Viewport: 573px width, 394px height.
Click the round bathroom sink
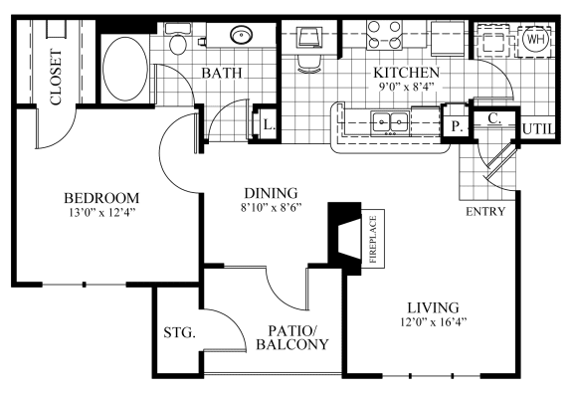pyautogui.click(x=241, y=37)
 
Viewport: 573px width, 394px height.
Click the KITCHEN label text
pyautogui.click(x=406, y=73)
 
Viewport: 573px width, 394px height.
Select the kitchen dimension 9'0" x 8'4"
pyautogui.click(x=406, y=87)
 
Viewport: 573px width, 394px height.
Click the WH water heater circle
pyautogui.click(x=534, y=40)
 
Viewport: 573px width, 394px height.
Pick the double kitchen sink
pyautogui.click(x=388, y=123)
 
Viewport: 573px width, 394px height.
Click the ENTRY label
pyautogui.click(x=485, y=211)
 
